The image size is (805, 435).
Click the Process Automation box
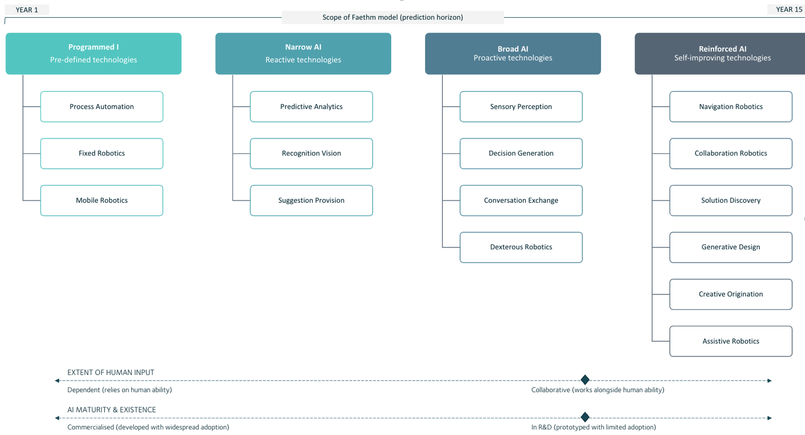tap(102, 107)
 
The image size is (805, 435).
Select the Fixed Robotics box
tap(102, 153)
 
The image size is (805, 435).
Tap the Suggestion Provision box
tap(311, 200)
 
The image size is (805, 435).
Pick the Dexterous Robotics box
tap(521, 247)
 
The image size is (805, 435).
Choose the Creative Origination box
tap(731, 294)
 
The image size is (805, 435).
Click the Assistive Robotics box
tap(731, 341)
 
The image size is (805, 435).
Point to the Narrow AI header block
tap(303, 53)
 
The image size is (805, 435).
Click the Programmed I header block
tap(93, 53)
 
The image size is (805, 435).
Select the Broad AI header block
tap(513, 53)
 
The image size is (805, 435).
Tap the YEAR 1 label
tap(27, 10)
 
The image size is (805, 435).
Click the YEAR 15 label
tap(789, 9)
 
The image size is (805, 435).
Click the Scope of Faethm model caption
tap(393, 17)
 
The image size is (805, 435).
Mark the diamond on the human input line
tap(585, 380)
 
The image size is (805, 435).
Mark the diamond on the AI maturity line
tap(585, 417)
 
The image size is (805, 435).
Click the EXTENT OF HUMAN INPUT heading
tap(111, 372)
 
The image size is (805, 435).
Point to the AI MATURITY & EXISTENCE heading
tap(112, 410)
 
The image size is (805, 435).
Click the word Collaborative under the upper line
tap(550, 390)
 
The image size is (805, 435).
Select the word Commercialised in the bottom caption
tap(91, 427)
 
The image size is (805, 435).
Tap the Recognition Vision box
tap(311, 153)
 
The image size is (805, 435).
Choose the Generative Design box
tap(731, 247)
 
